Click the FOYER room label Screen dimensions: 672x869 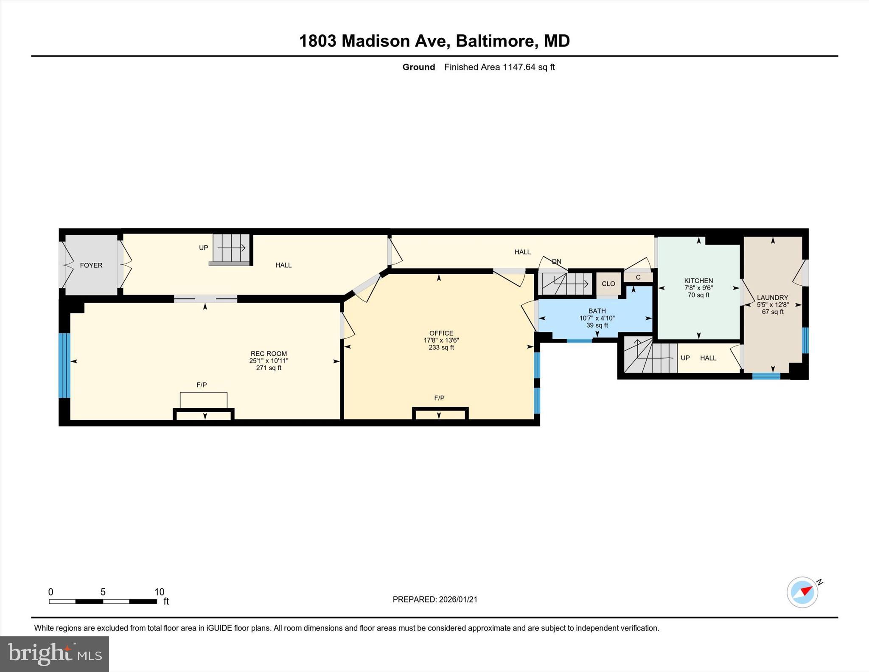pyautogui.click(x=91, y=265)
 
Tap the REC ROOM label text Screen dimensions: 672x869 pyautogui.click(x=269, y=354)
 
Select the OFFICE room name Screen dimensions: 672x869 pyautogui.click(x=441, y=333)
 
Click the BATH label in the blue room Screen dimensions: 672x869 pyautogui.click(x=597, y=311)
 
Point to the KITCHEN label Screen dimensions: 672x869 pyautogui.click(x=698, y=281)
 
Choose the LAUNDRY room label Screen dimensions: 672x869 pyautogui.click(x=772, y=298)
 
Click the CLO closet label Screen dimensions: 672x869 pyautogui.click(x=608, y=284)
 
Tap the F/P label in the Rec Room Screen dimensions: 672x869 pyautogui.click(x=202, y=385)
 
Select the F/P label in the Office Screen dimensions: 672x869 pyautogui.click(x=439, y=398)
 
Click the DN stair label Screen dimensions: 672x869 pyautogui.click(x=556, y=261)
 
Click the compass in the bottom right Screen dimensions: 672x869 pyautogui.click(x=802, y=592)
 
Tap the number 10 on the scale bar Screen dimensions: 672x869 pyautogui.click(x=159, y=592)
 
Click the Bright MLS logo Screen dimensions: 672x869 pyautogui.click(x=54, y=654)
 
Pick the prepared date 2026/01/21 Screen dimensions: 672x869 pyautogui.click(x=458, y=599)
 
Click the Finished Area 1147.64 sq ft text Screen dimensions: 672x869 pyautogui.click(x=499, y=67)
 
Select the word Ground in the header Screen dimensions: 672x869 pyautogui.click(x=418, y=67)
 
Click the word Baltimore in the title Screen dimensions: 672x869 pyautogui.click(x=494, y=41)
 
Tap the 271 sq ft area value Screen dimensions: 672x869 pyautogui.click(x=269, y=368)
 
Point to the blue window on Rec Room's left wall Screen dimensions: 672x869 pyautogui.click(x=64, y=366)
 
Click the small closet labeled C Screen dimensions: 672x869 pyautogui.click(x=638, y=277)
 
